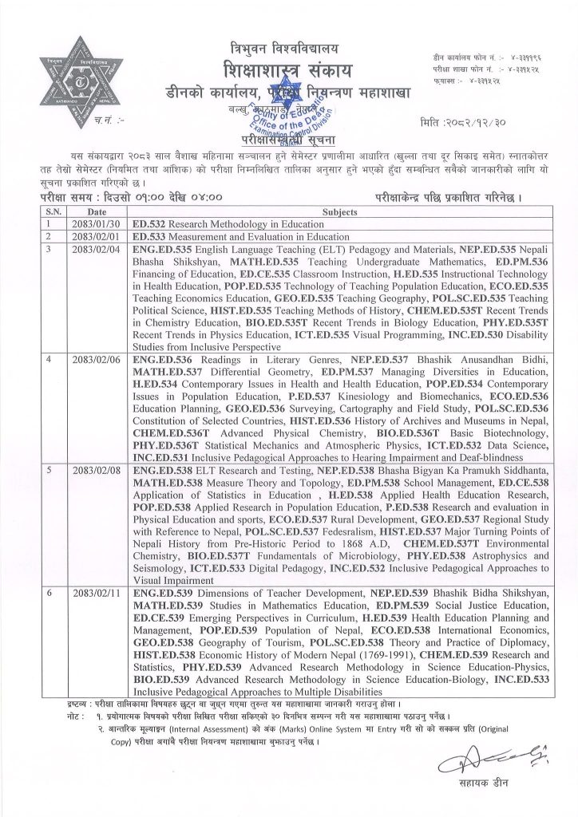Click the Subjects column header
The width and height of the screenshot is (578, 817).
pos(341,213)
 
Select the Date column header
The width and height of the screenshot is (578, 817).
pos(97,213)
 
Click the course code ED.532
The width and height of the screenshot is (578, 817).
pos(150,225)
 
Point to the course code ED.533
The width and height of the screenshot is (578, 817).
pos(150,236)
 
